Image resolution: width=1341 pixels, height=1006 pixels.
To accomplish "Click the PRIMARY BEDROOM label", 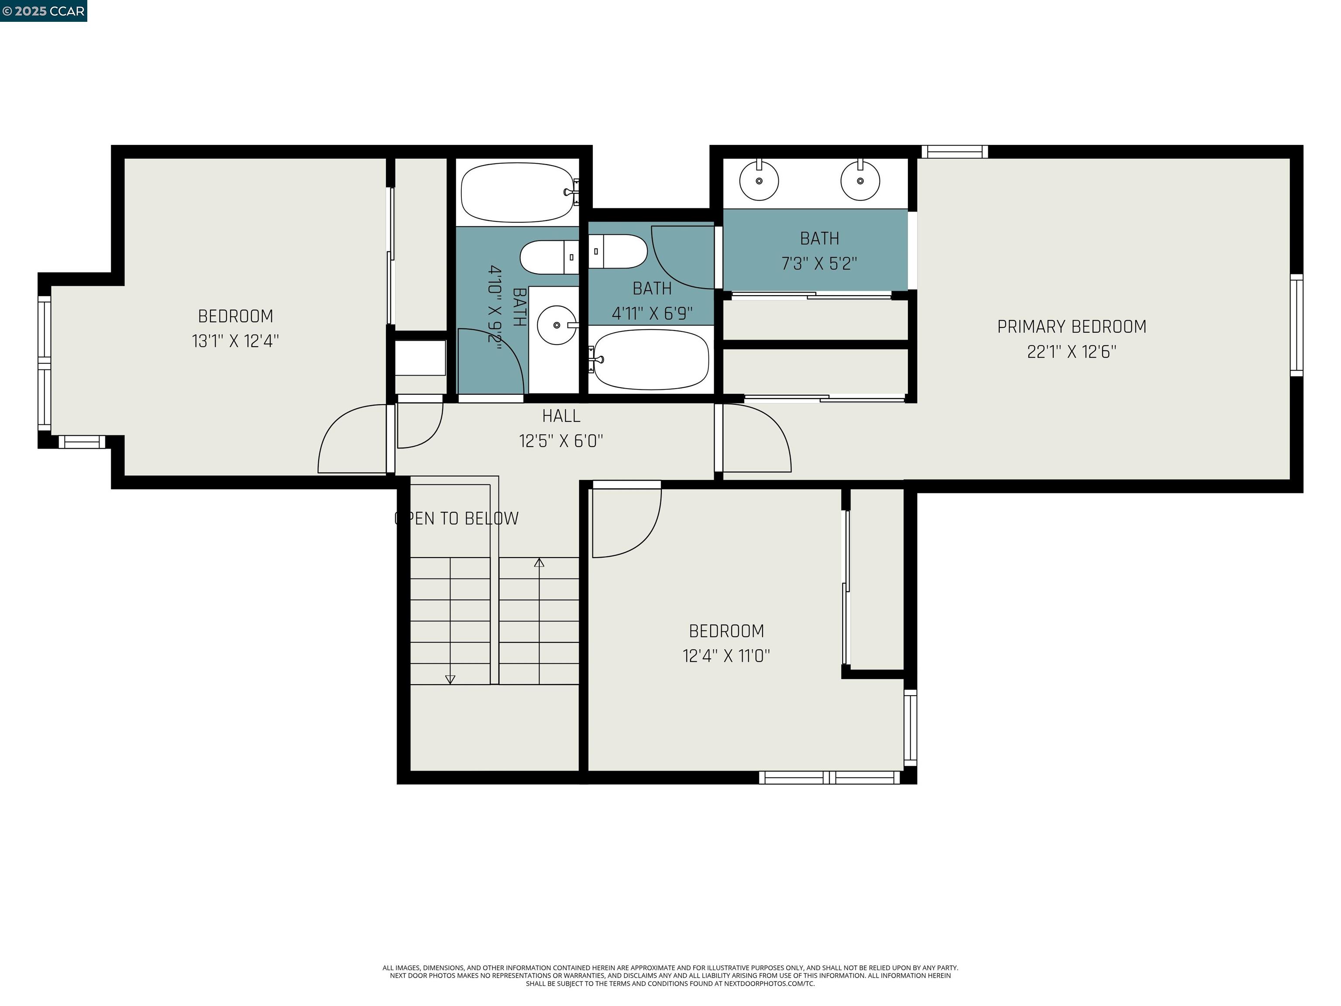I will pos(1071,327).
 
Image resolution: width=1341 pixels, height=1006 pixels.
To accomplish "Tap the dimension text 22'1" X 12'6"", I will pos(1071,351).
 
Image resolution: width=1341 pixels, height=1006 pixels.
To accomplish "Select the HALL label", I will pos(561,416).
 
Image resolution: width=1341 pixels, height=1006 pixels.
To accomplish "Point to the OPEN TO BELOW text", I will pos(457,518).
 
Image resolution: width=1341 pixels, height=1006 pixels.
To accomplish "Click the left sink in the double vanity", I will pos(759,181).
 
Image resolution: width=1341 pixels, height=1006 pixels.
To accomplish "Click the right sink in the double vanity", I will pos(860,181).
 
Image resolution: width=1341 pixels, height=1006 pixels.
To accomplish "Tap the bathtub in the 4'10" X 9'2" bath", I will pos(517,192).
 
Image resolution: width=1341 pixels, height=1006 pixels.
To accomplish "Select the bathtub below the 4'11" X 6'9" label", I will pos(650,360).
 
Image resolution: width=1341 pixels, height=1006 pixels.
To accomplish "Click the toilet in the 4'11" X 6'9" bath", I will pos(619,251).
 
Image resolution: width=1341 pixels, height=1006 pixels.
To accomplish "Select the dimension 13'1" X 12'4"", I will pos(235,341).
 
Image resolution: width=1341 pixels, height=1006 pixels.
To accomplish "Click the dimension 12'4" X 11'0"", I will pos(726,656).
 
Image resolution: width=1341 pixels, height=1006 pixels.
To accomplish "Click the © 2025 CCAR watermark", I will pos(44,11).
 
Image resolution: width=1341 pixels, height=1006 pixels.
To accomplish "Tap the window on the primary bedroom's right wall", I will pos(1296,324).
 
